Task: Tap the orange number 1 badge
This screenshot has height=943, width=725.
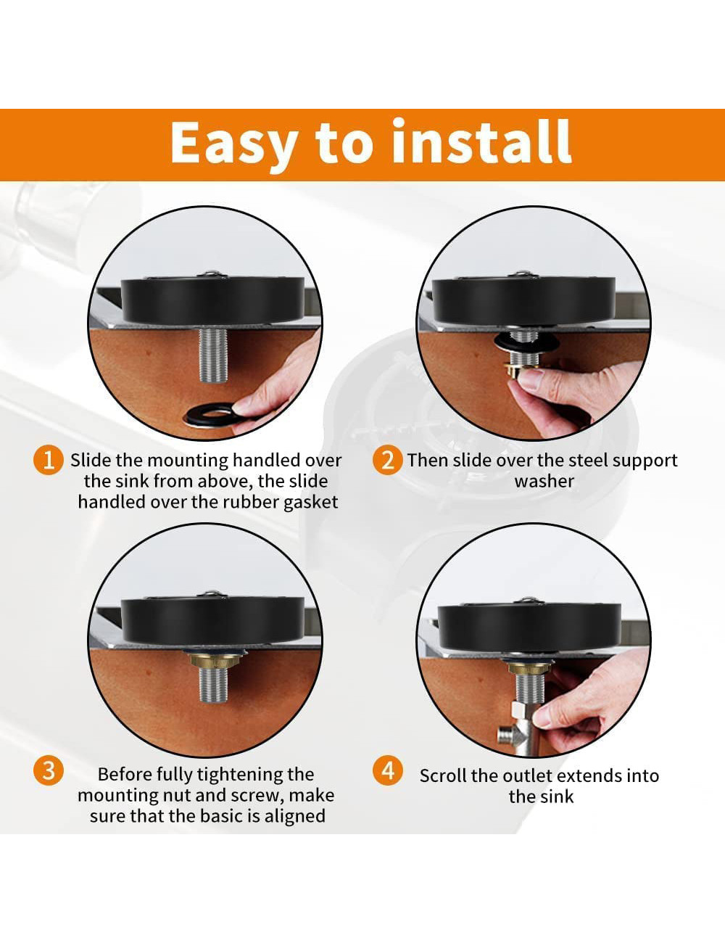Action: point(49,460)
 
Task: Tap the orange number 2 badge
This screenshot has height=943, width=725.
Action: point(388,460)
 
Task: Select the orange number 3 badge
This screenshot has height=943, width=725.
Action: point(49,770)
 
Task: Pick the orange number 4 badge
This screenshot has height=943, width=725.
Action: point(388,770)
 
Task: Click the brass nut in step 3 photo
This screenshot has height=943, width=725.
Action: point(213,661)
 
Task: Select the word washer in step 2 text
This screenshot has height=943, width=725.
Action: point(544,481)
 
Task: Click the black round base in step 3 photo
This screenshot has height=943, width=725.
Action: point(212,621)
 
